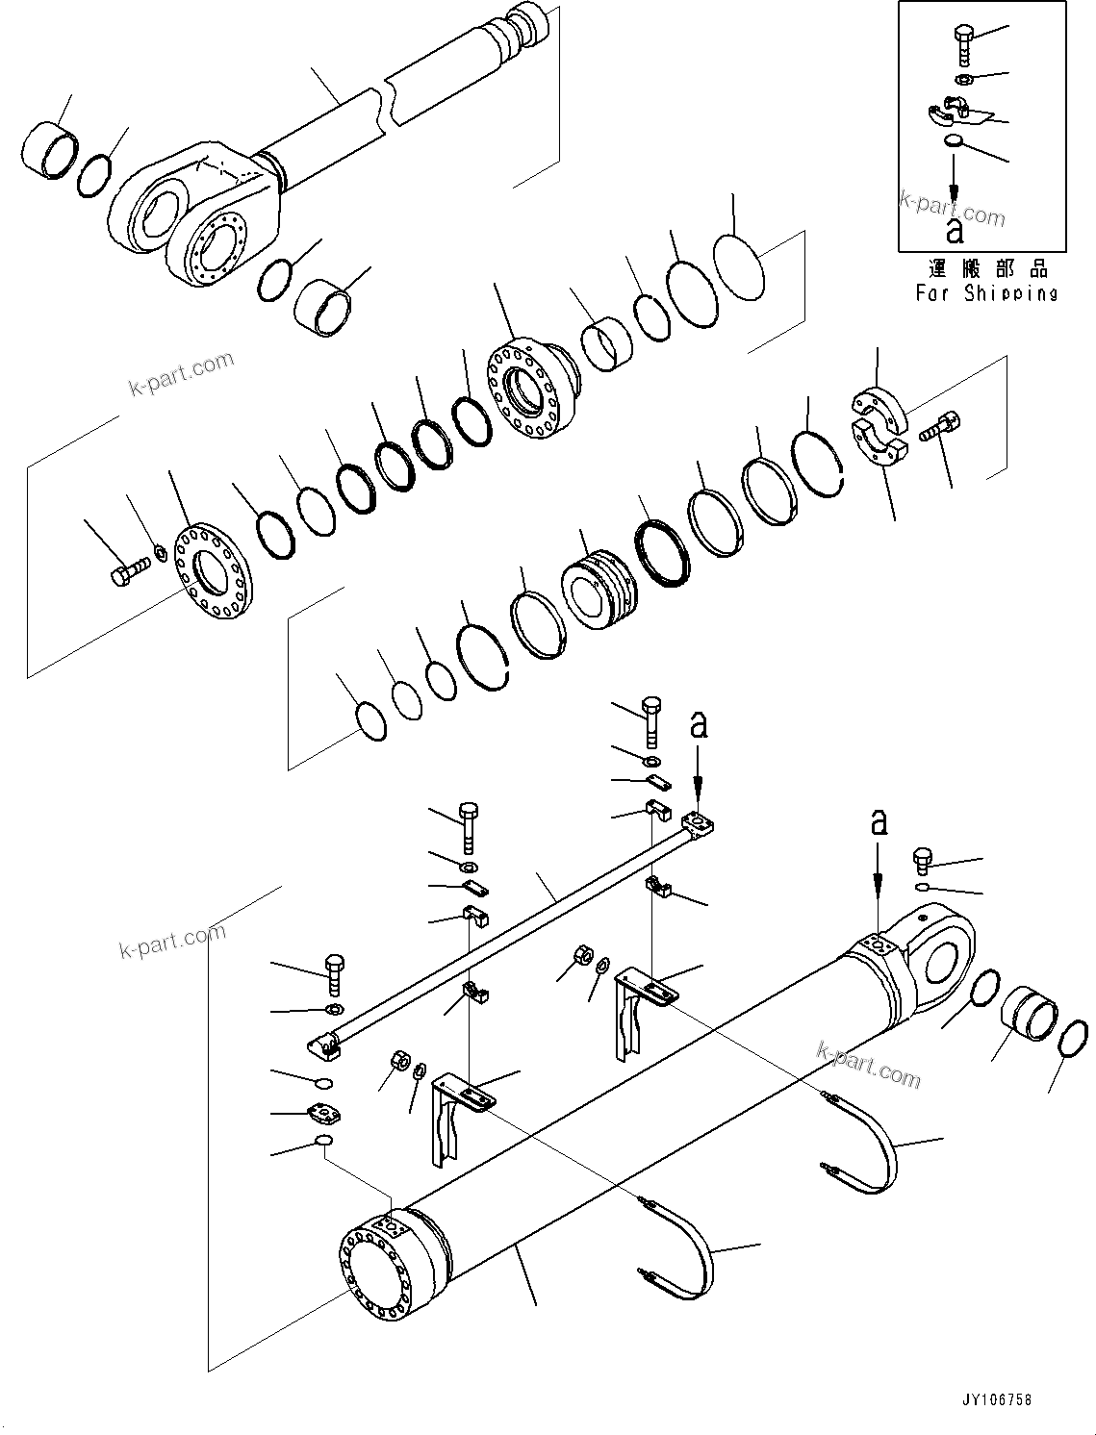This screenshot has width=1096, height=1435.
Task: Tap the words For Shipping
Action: tap(986, 293)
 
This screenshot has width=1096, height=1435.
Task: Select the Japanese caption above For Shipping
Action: tap(987, 268)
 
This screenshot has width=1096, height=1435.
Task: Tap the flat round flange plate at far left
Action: tap(213, 572)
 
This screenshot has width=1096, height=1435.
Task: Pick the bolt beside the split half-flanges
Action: tap(939, 426)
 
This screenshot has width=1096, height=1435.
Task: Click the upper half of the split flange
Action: tap(879, 407)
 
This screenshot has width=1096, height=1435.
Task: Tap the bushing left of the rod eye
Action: tap(46, 150)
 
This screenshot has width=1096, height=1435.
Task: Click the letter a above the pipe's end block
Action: tap(700, 724)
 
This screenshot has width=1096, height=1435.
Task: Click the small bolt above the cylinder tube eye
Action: tap(923, 860)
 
